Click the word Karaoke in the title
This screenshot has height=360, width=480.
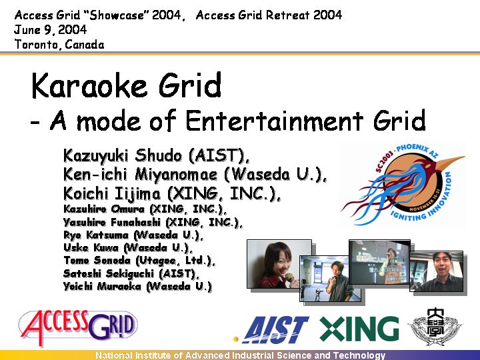[89, 85]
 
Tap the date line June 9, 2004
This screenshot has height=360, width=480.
[51, 30]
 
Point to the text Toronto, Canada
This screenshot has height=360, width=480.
[59, 45]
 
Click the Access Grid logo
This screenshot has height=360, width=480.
[78, 326]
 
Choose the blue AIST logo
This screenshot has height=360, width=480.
[271, 330]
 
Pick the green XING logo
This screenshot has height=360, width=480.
[359, 329]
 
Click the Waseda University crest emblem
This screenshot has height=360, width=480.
[435, 327]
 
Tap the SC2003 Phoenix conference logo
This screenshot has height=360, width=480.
[403, 184]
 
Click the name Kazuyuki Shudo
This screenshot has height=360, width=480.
[123, 155]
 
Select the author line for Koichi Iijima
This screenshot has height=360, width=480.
[172, 193]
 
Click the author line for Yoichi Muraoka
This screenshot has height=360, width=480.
[137, 286]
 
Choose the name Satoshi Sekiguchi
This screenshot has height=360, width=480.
[110, 273]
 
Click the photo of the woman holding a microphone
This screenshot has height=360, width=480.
[279, 264]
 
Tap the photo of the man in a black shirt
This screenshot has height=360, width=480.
[436, 271]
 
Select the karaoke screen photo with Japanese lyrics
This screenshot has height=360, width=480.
[379, 262]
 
